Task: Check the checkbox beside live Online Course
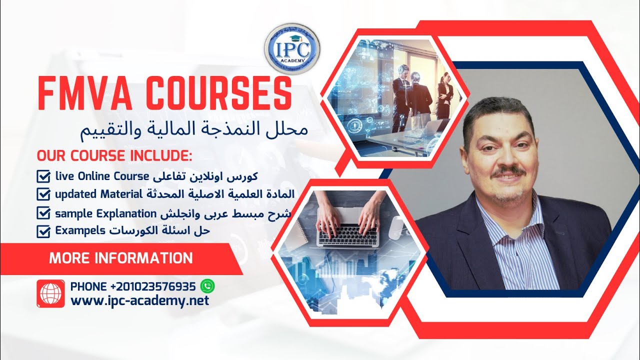coord(44,176)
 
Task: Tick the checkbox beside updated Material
coord(44,193)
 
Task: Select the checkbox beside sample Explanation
coord(44,213)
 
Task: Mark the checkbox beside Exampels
coord(44,231)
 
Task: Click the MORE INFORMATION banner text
coord(120,258)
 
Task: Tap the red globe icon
coord(50,293)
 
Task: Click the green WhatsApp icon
coord(207,286)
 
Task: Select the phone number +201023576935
coord(153,286)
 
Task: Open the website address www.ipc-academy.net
coord(140,301)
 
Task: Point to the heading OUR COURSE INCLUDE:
coord(114,155)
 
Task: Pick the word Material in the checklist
coord(122,193)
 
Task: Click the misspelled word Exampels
coord(80,230)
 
